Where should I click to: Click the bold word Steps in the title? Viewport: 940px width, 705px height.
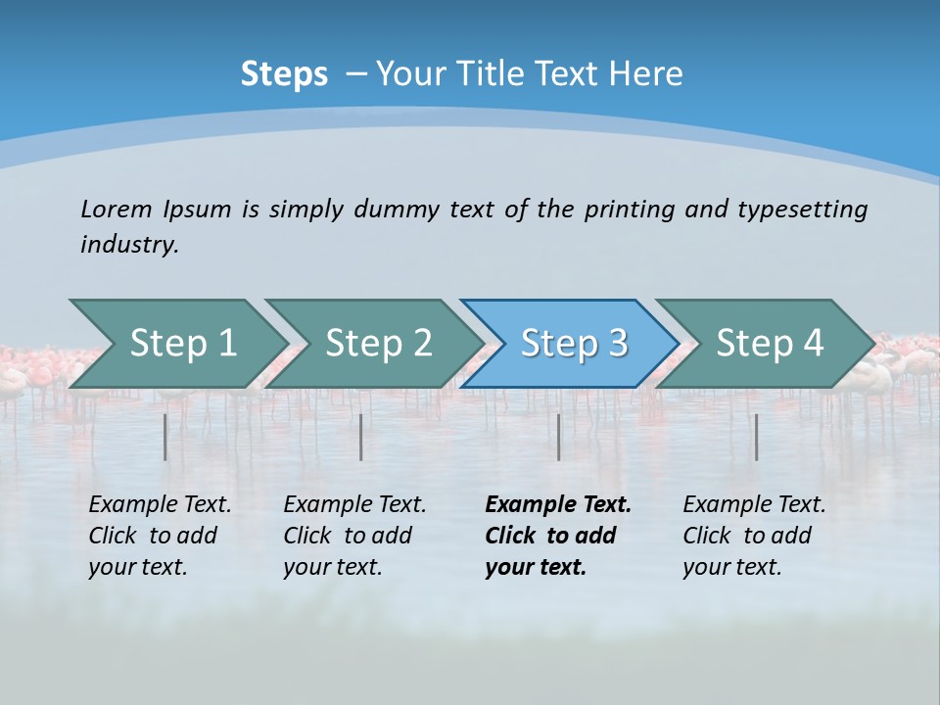tap(284, 74)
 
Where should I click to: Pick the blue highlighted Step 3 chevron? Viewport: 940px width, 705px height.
tap(574, 344)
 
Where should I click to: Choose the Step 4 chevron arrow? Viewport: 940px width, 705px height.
tap(770, 344)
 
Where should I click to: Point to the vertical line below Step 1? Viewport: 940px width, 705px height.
tap(165, 437)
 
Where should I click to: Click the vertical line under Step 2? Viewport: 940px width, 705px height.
tap(361, 437)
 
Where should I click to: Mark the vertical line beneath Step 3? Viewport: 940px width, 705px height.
tap(558, 437)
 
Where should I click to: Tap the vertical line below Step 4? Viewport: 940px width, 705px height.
tap(756, 437)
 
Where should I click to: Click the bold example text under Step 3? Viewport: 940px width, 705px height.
tap(557, 536)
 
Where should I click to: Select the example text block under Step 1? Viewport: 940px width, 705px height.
tap(160, 536)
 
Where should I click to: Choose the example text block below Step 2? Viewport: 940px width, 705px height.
tap(354, 536)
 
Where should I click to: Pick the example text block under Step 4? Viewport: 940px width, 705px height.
tap(754, 536)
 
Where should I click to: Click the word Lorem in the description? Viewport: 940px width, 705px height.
tap(117, 210)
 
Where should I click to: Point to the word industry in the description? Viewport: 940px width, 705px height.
tap(128, 245)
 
